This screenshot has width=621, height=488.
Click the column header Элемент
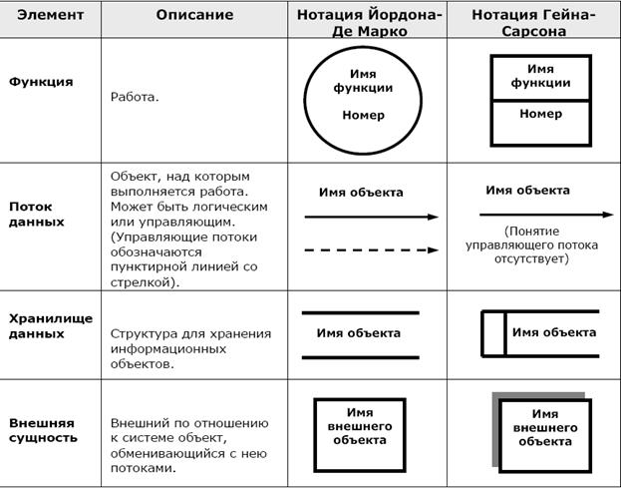(49, 16)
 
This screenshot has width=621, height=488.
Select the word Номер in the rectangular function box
(540, 115)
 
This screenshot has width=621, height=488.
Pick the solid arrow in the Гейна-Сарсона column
(543, 214)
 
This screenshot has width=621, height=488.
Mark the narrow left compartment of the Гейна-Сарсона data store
(493, 333)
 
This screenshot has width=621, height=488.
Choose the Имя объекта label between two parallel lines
(359, 333)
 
